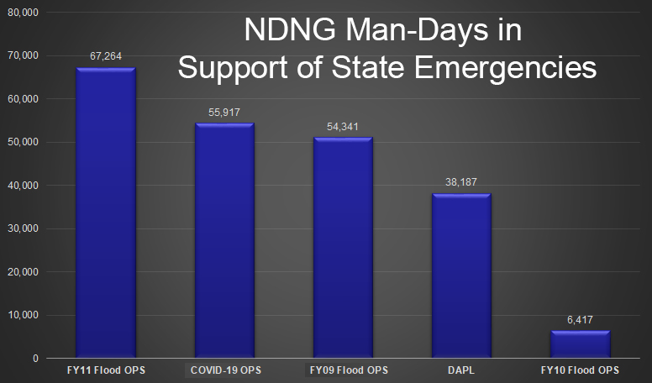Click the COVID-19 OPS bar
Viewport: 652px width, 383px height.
(x=224, y=240)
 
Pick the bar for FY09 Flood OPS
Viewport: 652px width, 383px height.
(x=343, y=248)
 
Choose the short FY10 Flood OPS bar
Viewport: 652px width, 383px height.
(x=580, y=344)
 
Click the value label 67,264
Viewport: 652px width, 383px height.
(x=106, y=57)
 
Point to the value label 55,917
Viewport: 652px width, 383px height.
(x=224, y=113)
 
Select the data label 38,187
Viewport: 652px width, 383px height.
(x=461, y=182)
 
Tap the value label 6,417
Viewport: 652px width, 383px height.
(x=580, y=320)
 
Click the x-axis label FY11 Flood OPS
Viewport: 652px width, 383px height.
(x=106, y=370)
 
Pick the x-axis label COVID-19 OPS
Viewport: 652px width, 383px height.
(x=224, y=370)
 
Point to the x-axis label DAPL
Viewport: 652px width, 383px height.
(x=461, y=370)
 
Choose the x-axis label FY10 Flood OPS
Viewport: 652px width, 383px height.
(x=580, y=370)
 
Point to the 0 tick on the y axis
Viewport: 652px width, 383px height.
(x=35, y=359)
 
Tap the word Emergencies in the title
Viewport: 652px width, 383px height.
(x=513, y=67)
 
